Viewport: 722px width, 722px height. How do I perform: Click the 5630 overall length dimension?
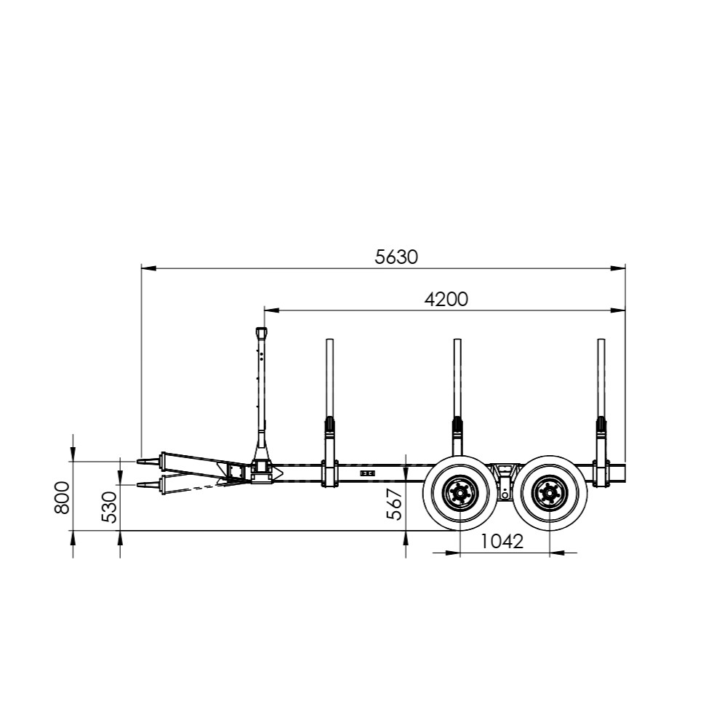tap(396, 257)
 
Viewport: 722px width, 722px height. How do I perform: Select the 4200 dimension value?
tap(446, 300)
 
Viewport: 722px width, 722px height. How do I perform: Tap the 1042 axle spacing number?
tap(502, 542)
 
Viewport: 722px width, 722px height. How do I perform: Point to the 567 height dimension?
tap(395, 505)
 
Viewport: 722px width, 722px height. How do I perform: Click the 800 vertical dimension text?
tap(61, 497)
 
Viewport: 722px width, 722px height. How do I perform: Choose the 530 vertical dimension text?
tap(109, 508)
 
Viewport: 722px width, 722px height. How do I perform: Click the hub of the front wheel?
tap(460, 493)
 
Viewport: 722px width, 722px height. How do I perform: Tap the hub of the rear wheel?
tap(550, 493)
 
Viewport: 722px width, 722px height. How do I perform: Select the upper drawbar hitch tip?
tap(137, 461)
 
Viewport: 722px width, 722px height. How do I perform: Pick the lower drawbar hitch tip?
tap(137, 485)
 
